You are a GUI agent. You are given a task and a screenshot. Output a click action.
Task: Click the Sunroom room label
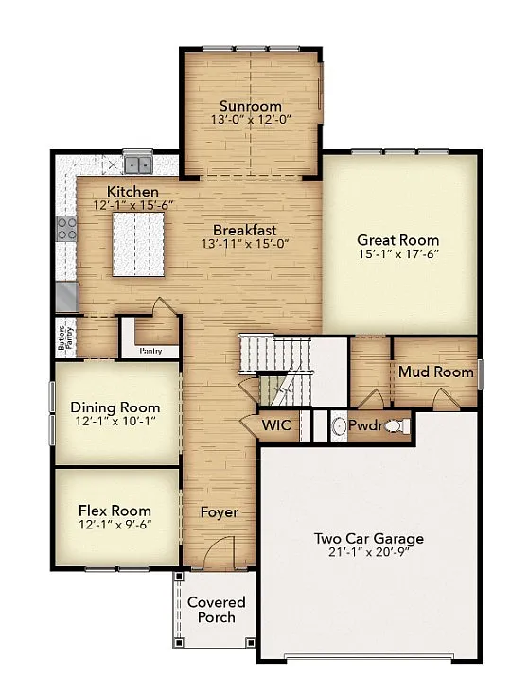(x=250, y=105)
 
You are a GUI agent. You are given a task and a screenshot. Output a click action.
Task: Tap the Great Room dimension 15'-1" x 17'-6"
(x=397, y=253)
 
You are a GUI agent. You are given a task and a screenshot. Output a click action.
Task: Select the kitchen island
(x=138, y=244)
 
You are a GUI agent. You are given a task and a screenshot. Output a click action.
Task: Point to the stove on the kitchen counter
(x=67, y=228)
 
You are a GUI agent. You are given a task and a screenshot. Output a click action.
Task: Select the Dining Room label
(x=115, y=407)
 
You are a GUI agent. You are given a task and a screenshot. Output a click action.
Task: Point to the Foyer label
(x=219, y=512)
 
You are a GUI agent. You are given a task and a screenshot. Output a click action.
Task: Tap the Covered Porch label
(x=216, y=610)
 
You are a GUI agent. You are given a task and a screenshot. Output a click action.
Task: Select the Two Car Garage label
(x=368, y=539)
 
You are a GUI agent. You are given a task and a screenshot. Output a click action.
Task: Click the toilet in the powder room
(x=396, y=427)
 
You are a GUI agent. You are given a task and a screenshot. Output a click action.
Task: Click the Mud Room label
(x=435, y=372)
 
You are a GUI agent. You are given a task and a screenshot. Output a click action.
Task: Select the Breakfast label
(x=244, y=230)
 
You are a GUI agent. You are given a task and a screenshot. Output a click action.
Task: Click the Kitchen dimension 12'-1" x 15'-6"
(x=132, y=204)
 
